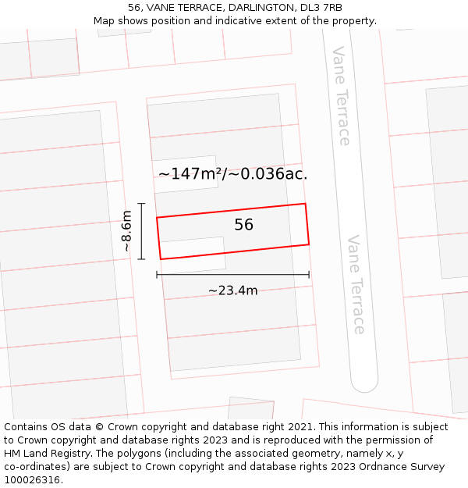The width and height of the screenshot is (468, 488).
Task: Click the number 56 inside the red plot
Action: click(x=243, y=225)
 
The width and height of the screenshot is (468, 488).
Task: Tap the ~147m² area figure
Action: click(x=190, y=174)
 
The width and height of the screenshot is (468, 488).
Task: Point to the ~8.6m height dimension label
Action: click(x=126, y=231)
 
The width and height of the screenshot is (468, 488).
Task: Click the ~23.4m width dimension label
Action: click(x=232, y=290)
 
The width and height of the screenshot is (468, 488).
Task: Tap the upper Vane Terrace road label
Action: click(x=341, y=96)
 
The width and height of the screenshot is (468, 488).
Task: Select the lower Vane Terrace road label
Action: click(x=356, y=284)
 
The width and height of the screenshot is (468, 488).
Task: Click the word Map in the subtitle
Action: click(x=105, y=21)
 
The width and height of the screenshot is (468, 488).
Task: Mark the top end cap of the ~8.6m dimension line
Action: click(x=141, y=204)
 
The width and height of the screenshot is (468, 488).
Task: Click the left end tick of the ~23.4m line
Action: click(x=157, y=274)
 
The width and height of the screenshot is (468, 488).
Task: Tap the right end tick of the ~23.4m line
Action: click(x=309, y=274)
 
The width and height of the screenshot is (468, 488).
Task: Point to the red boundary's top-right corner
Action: click(x=305, y=204)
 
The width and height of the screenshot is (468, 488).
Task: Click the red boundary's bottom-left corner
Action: click(x=161, y=259)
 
